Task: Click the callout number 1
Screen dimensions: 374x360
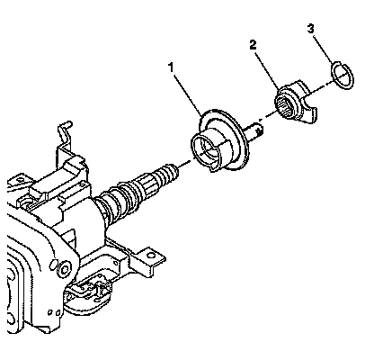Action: [x=171, y=67]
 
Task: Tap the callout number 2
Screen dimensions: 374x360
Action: [x=254, y=45]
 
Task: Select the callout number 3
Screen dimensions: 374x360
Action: [x=310, y=29]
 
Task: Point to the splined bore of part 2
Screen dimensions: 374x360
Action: [x=285, y=104]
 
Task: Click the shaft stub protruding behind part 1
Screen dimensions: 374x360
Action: [x=255, y=130]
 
